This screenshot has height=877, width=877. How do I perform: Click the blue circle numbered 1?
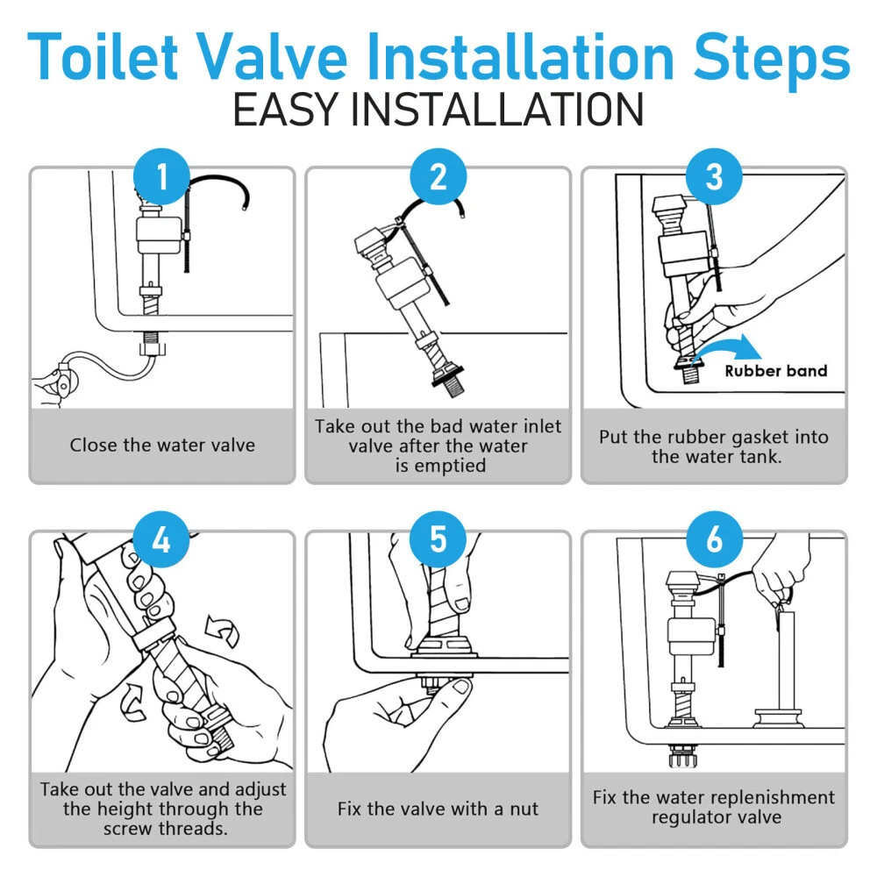coord(162,176)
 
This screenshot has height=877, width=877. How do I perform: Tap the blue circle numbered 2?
coord(438,176)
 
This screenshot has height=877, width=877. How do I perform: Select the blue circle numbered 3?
coord(714,176)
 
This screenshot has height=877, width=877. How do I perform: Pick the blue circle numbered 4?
coord(161,539)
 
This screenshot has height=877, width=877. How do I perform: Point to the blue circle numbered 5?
coord(438,539)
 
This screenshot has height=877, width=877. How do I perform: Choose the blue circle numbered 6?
coord(714,539)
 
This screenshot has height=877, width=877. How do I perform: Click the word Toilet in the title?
coord(103,56)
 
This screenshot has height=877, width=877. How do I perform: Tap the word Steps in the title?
coord(772,61)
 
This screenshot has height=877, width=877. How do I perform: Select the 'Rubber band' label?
coord(776,371)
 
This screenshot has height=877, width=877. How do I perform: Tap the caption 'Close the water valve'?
coord(162,446)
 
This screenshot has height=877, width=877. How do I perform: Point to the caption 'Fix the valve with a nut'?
coord(438,809)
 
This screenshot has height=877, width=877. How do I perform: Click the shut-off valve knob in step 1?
coord(63,383)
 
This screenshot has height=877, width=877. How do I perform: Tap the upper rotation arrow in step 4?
coord(223,631)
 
